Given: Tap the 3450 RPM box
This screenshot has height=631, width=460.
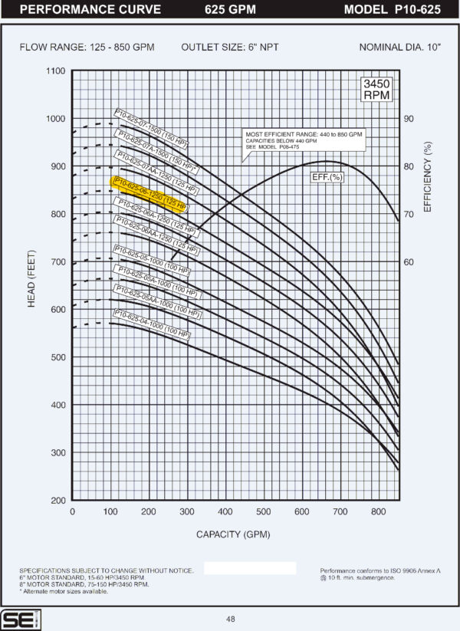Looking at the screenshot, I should click(x=376, y=90).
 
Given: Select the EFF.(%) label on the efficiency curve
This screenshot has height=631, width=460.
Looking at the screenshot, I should click(x=326, y=177).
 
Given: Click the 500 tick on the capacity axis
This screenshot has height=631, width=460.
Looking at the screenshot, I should click(x=263, y=512).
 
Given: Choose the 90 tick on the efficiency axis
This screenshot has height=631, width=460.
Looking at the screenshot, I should click(x=409, y=119).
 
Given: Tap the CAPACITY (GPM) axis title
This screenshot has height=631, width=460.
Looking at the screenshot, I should click(x=233, y=534).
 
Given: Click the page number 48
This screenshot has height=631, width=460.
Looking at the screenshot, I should click(x=230, y=619).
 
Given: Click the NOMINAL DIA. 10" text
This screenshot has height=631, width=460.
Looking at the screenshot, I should click(x=400, y=47).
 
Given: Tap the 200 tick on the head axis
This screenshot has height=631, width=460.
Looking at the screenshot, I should click(x=57, y=501).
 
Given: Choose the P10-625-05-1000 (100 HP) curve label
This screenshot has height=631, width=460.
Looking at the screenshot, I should click(x=151, y=260).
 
